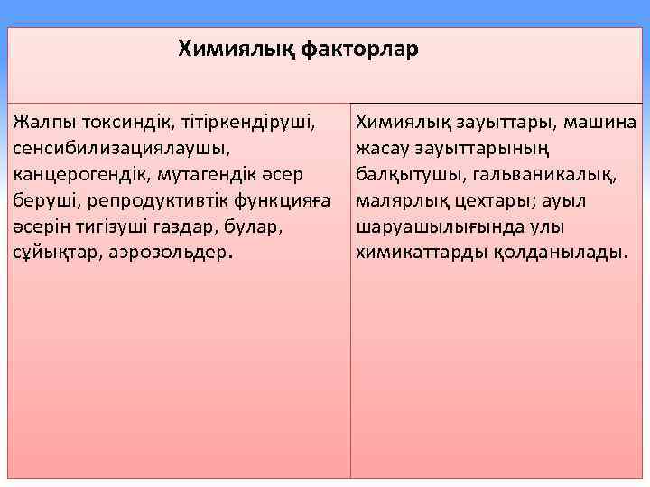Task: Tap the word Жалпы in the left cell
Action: (44, 120)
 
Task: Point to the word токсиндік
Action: (123, 120)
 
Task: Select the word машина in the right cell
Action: (601, 120)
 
